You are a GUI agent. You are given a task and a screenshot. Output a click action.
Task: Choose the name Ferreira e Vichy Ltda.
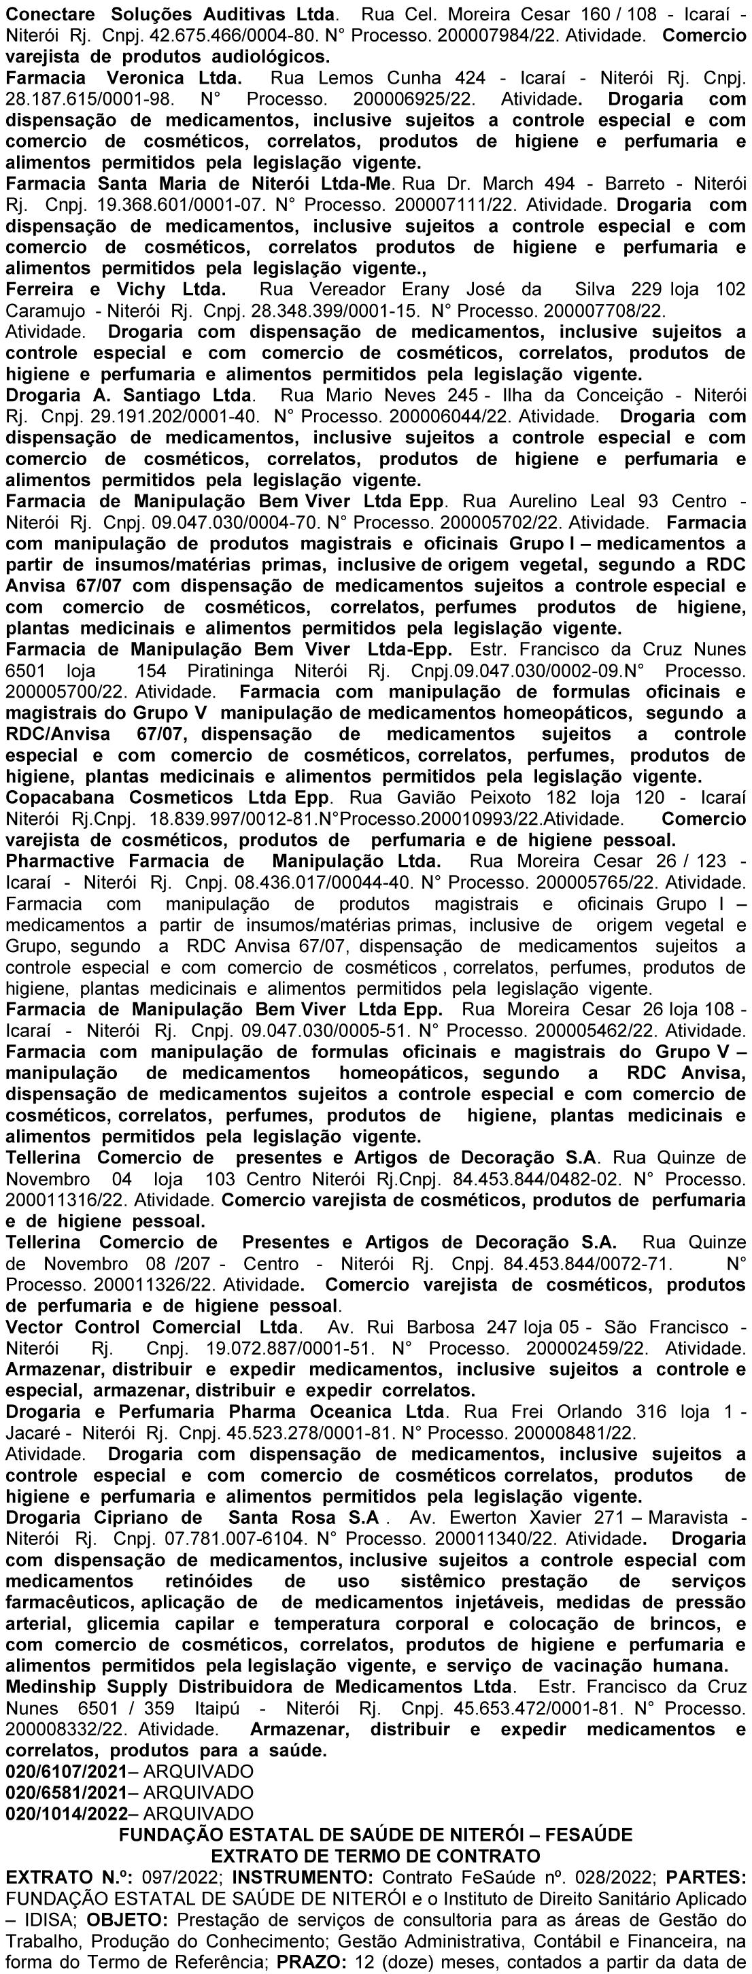pos(116,290)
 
